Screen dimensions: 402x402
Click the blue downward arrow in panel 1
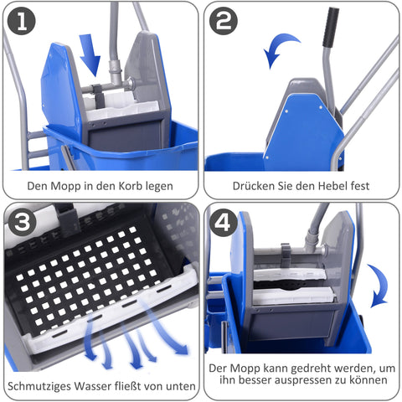91,54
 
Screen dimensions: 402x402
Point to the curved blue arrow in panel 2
281,49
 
